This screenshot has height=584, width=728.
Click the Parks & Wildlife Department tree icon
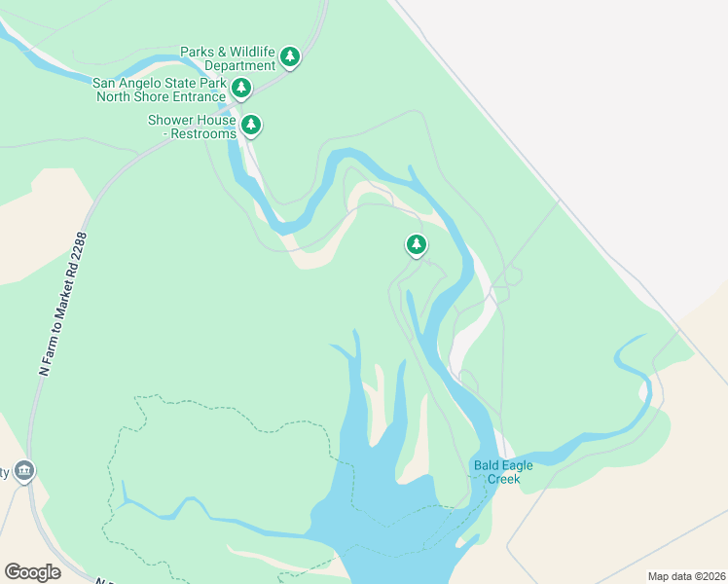pos(289,56)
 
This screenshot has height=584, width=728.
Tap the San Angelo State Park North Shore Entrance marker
pos(241,89)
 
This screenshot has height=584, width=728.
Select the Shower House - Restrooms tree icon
pos(251,124)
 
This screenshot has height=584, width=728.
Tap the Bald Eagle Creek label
pos(503,472)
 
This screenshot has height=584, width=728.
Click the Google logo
pos(32,572)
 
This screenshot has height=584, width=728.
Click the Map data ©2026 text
pos(685,576)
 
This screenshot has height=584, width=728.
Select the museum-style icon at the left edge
pos(23,472)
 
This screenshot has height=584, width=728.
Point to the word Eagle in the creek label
pos(517,465)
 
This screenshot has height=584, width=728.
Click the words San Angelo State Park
pos(161,84)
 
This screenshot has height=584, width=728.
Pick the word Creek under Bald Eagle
pos(503,479)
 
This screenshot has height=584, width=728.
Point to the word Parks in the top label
pos(197,52)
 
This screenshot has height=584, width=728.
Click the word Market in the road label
pos(67,289)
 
